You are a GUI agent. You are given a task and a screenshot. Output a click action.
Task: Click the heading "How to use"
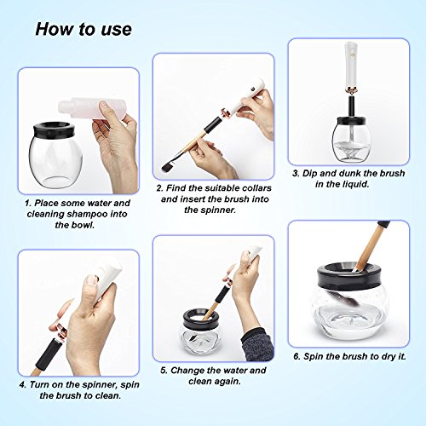coord(83,29)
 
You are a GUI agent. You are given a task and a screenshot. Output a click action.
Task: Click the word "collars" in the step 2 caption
coord(255,188)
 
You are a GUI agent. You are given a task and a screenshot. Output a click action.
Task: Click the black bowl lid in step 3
coord(350,121)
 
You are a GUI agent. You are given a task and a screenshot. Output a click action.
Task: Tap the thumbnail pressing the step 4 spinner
coord(91,279)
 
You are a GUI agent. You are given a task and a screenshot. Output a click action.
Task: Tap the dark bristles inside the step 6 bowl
coord(345,297)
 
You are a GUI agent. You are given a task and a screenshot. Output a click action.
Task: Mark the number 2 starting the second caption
coord(159,188)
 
